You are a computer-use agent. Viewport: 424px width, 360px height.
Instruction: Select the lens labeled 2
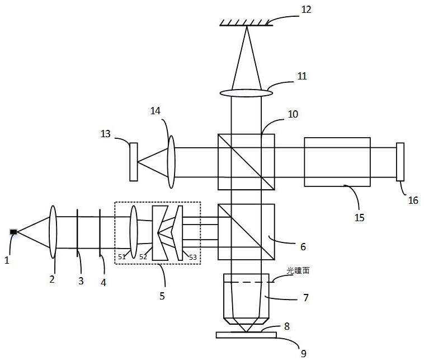pos(53,232)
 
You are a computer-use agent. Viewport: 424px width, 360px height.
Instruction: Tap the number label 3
pos(81,281)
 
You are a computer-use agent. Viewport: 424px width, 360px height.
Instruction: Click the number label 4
pos(102,282)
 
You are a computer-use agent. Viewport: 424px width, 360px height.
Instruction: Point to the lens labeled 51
pos(134,232)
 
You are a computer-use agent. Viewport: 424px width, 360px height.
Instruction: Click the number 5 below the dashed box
pos(162,296)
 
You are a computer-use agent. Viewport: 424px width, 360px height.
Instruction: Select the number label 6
pos(303,246)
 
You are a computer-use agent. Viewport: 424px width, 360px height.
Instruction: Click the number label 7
pos(305,298)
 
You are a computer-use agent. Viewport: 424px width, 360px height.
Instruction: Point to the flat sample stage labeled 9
pos(246,335)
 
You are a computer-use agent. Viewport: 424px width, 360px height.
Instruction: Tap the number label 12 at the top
pos(306,10)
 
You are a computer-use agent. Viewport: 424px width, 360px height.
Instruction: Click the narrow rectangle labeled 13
pos(134,162)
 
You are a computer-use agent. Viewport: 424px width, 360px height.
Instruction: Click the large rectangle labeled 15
pos(337,162)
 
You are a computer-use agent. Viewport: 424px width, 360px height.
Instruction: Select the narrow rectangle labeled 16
pos(400,162)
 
